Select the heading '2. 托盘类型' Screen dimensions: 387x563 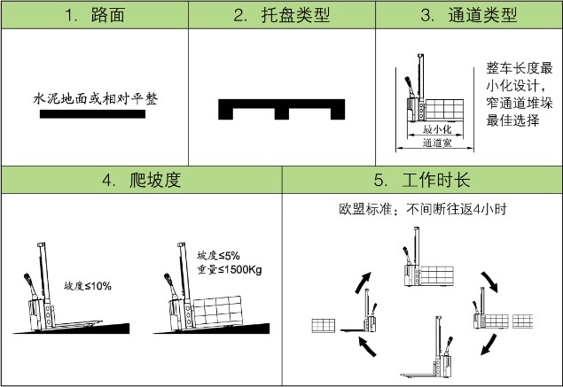coord(282,16)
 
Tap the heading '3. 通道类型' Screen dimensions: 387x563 coord(469,16)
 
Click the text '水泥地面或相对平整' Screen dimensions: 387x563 coord(94,98)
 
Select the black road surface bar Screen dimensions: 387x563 coord(94,113)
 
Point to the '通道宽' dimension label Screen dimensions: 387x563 coord(437,142)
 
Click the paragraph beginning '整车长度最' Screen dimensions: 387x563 coord(519,94)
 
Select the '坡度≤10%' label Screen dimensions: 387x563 coord(88,286)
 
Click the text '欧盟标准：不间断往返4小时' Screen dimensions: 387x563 coord(422,210)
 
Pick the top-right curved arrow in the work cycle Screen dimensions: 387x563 coord(489,283)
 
